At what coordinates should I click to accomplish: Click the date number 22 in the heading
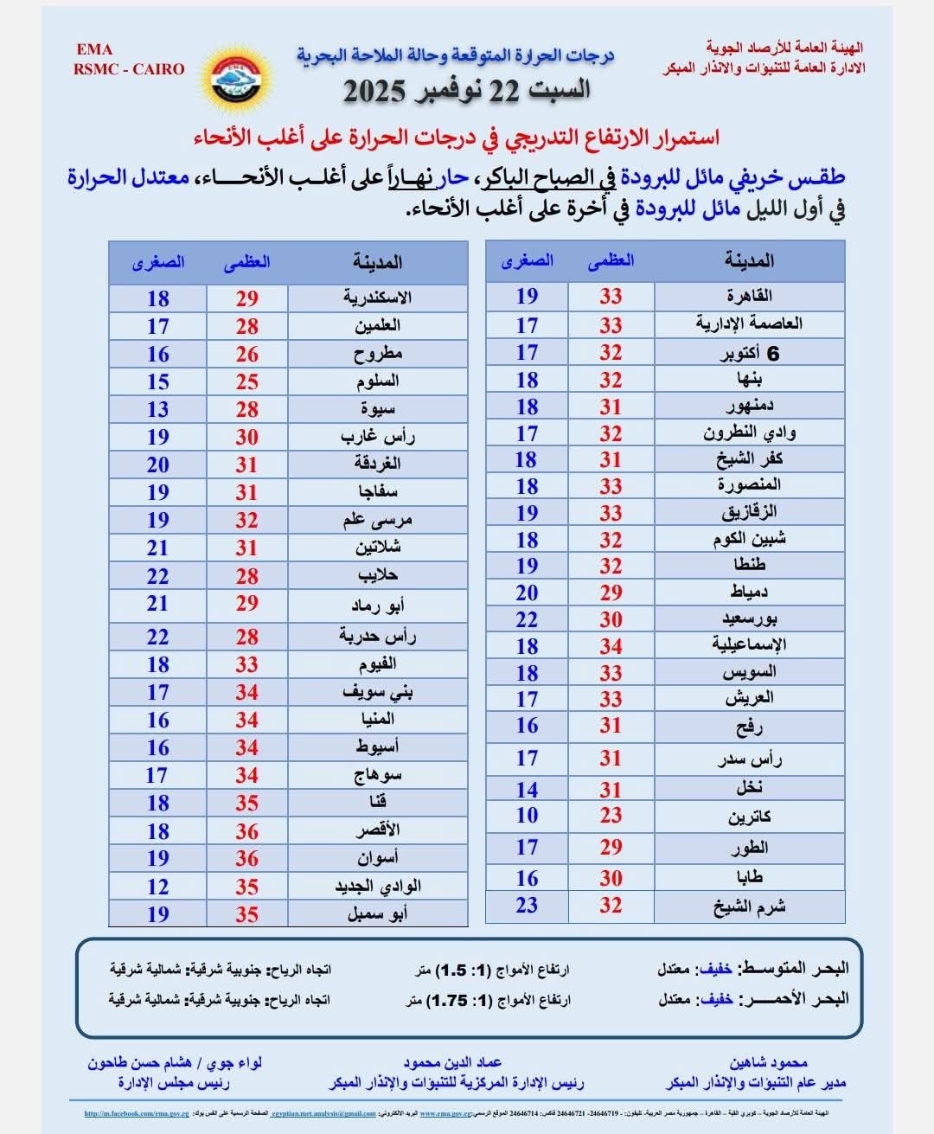coord(503,91)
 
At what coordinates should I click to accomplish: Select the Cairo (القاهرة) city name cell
coord(749,297)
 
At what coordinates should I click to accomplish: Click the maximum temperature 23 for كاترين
coord(611,816)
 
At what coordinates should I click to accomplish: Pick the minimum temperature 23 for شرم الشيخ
coord(527,906)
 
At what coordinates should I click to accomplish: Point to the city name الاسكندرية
coord(377,298)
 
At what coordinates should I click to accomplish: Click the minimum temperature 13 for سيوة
coord(157,409)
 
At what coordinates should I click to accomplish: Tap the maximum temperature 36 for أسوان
coord(246,858)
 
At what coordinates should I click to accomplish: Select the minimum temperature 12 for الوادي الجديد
coord(157,887)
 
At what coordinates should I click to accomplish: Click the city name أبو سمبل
coord(377,913)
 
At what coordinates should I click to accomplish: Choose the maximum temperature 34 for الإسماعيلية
coord(611,646)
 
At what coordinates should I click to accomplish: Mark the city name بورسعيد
coord(749,619)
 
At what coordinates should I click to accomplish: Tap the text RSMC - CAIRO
coord(129,69)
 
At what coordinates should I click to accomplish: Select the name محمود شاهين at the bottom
coord(767,1063)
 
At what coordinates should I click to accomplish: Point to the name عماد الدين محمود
coord(452,1063)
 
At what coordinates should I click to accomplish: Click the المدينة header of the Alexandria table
coord(377,262)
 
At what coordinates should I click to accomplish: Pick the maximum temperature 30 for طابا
coord(611,878)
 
